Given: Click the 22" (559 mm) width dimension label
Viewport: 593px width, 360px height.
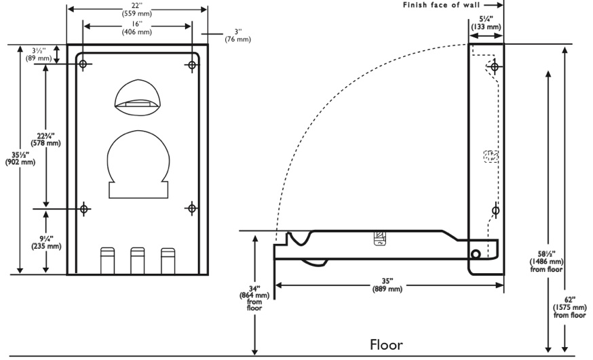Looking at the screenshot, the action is click(137, 9).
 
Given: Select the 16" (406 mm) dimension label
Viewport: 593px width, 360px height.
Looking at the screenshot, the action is click(137, 28).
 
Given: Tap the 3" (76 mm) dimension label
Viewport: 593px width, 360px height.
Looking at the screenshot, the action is click(238, 35).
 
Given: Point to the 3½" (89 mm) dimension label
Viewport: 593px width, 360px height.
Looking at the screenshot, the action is click(39, 54).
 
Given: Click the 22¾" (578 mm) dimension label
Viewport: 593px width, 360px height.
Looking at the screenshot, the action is click(45, 140).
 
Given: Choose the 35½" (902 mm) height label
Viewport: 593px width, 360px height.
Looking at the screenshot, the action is click(20, 159).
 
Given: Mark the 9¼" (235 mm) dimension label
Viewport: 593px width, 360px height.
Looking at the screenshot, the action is click(46, 243).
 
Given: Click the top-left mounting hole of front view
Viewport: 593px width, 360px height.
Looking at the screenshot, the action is click(83, 64).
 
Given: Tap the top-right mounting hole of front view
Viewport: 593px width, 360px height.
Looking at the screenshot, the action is click(192, 65).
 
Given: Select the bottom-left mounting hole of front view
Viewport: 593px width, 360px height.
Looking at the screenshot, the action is click(84, 209).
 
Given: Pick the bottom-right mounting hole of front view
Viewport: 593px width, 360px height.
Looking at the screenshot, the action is click(192, 208).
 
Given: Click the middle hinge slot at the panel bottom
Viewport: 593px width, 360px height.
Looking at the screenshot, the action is click(137, 260).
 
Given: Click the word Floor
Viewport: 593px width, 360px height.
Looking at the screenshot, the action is click(386, 344).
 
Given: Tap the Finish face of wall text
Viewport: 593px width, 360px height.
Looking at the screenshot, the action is click(441, 5).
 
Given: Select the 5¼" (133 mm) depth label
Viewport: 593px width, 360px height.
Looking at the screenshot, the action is click(486, 23).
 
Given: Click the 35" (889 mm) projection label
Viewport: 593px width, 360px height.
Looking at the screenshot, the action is click(387, 285).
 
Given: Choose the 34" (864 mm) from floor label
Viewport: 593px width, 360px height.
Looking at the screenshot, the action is click(254, 298).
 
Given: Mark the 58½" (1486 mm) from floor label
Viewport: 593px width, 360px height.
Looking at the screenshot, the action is click(546, 262).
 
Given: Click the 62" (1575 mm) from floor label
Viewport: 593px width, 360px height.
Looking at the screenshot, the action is click(569, 307).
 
